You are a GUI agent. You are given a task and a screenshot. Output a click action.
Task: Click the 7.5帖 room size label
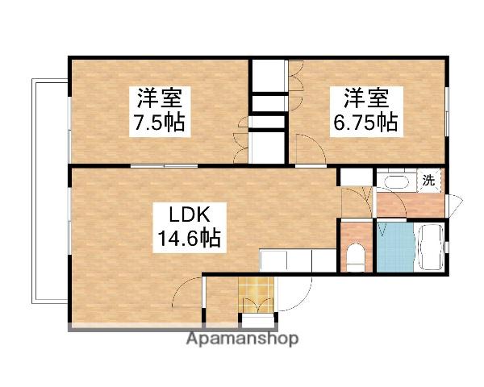click(x=159, y=123)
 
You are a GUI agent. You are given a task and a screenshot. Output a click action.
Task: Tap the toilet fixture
click(x=355, y=257)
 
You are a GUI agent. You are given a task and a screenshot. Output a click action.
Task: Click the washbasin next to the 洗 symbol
click(x=394, y=181)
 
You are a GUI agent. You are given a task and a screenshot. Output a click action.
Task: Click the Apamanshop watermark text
click(x=242, y=339)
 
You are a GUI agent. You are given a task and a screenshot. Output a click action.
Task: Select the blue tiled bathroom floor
click(x=394, y=246)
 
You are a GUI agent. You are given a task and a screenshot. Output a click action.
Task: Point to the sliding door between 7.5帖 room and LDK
click(x=165, y=166)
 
